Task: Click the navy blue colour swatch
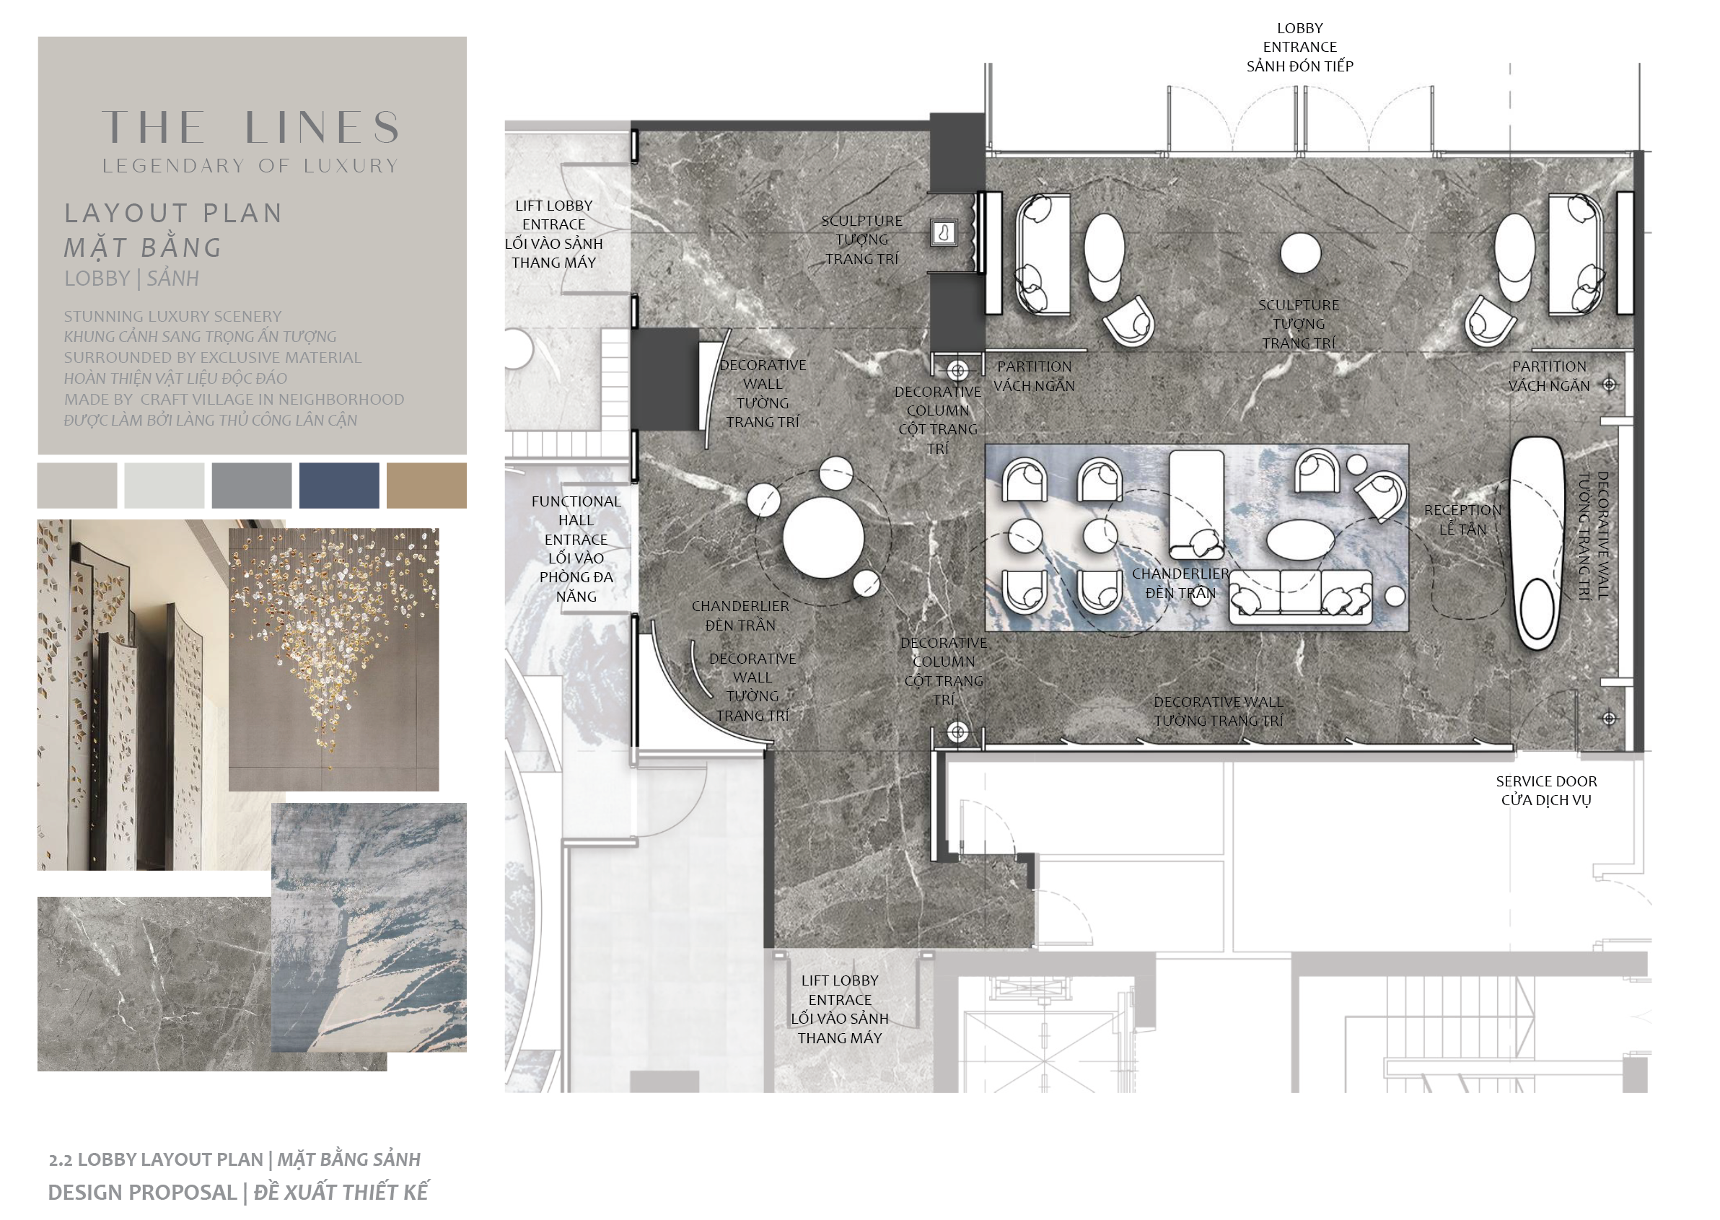pos(339,486)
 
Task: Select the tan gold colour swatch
pos(426,486)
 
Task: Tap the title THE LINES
pos(251,127)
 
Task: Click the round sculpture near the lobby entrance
pos(1300,253)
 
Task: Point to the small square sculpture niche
pos(944,232)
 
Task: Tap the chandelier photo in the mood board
pos(333,659)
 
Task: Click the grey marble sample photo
pos(154,983)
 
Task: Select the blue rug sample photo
pos(369,927)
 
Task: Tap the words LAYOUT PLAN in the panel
pos(173,214)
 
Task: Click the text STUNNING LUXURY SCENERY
pos(172,316)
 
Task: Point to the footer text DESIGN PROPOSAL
pos(143,1192)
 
